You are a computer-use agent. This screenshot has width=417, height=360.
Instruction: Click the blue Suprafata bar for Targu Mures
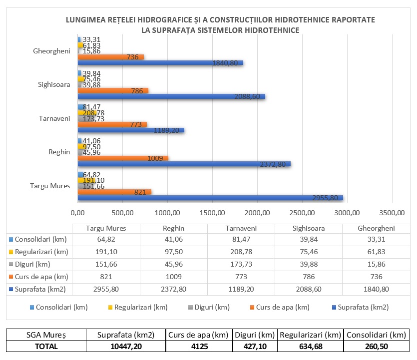(210, 198)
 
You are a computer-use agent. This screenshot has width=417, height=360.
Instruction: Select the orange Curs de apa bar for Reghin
(122, 158)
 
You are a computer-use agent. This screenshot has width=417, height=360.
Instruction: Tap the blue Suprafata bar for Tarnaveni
(131, 130)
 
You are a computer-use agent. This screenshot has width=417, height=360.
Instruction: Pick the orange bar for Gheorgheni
(110, 56)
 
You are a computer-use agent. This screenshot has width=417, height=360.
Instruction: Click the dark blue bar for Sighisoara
(171, 96)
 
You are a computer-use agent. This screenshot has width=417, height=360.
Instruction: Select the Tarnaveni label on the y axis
(54, 118)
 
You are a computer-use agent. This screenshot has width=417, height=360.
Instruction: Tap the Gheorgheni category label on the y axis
(51, 51)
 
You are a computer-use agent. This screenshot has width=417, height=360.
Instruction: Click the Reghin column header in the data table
(173, 228)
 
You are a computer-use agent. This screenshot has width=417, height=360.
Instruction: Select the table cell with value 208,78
(240, 251)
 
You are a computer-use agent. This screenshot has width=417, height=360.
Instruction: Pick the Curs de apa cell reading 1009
(173, 277)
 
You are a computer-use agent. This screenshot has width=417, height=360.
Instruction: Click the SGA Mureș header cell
(46, 334)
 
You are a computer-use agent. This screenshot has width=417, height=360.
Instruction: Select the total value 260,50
(376, 346)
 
